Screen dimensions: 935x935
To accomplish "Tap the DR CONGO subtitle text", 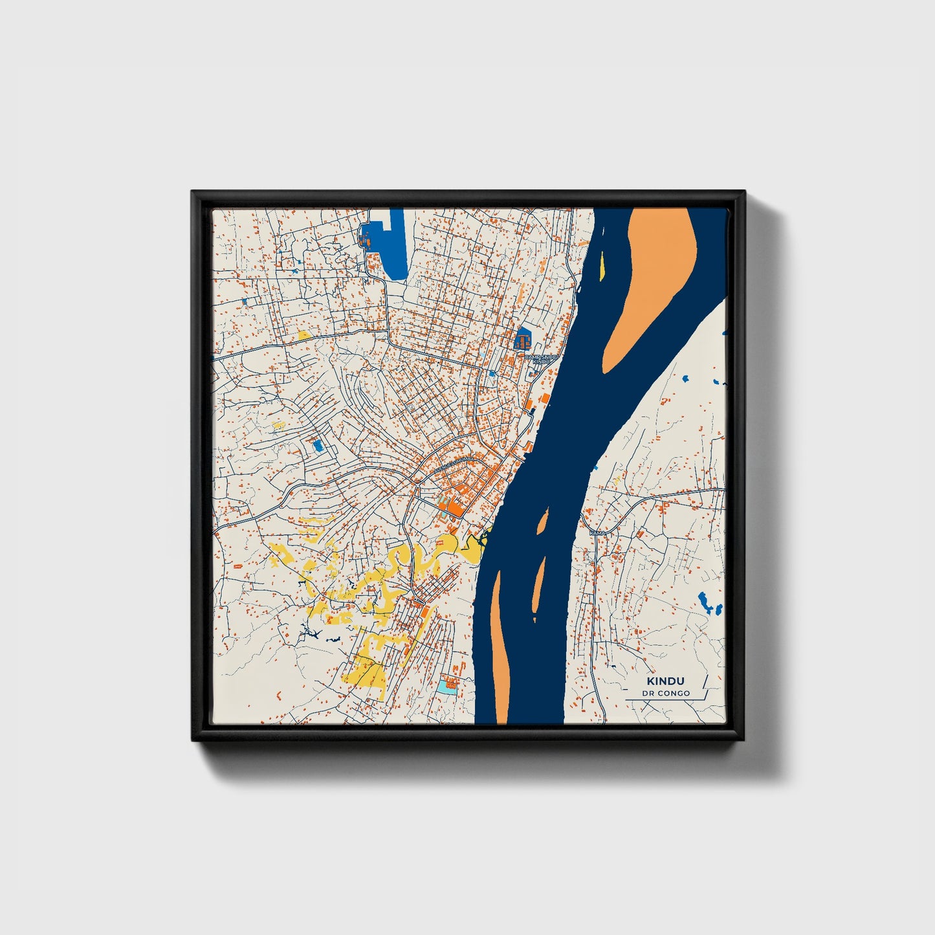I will (666, 694).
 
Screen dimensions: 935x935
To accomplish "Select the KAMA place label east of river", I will (598, 532).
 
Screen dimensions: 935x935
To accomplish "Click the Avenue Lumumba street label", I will (447, 461).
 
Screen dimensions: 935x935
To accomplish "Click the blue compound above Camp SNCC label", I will (522, 339).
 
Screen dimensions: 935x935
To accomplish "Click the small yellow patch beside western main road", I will (303, 335).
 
